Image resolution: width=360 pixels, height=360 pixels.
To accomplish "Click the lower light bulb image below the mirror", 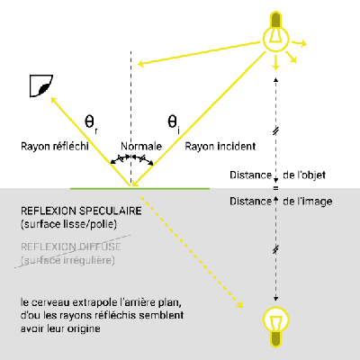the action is click(276, 327).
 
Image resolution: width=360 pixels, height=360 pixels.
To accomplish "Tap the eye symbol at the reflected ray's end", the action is click(41, 86).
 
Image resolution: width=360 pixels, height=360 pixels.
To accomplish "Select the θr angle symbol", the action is click(91, 124).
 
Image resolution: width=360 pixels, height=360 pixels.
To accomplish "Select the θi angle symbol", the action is click(174, 123).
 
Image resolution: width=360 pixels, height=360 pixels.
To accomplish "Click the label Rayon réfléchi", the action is click(55, 147).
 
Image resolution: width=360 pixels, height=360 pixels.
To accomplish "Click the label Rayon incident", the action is click(220, 147).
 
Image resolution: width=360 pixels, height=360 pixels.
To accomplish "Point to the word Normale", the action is click(141, 146).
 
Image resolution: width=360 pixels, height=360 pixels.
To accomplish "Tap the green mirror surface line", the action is click(139, 188).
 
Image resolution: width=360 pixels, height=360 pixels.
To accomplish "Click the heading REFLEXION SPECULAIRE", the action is click(81, 211).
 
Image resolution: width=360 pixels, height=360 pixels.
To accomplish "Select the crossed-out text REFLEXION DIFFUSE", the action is click(71, 247).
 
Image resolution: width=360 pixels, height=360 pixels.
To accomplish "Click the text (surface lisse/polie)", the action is click(68, 224).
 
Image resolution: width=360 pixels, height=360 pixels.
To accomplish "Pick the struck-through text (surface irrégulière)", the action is click(67, 260).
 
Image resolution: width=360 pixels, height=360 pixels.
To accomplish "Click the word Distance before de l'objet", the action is click(250, 175).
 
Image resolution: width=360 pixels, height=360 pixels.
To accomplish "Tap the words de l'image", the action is click(308, 202).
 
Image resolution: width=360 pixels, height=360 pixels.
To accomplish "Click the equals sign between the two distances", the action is click(275, 188).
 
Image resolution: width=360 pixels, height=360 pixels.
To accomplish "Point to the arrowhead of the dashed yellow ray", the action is click(239, 304).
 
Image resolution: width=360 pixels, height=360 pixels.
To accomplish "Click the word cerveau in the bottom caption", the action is click(51, 302).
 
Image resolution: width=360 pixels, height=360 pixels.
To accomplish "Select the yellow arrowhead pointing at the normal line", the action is click(140, 63).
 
